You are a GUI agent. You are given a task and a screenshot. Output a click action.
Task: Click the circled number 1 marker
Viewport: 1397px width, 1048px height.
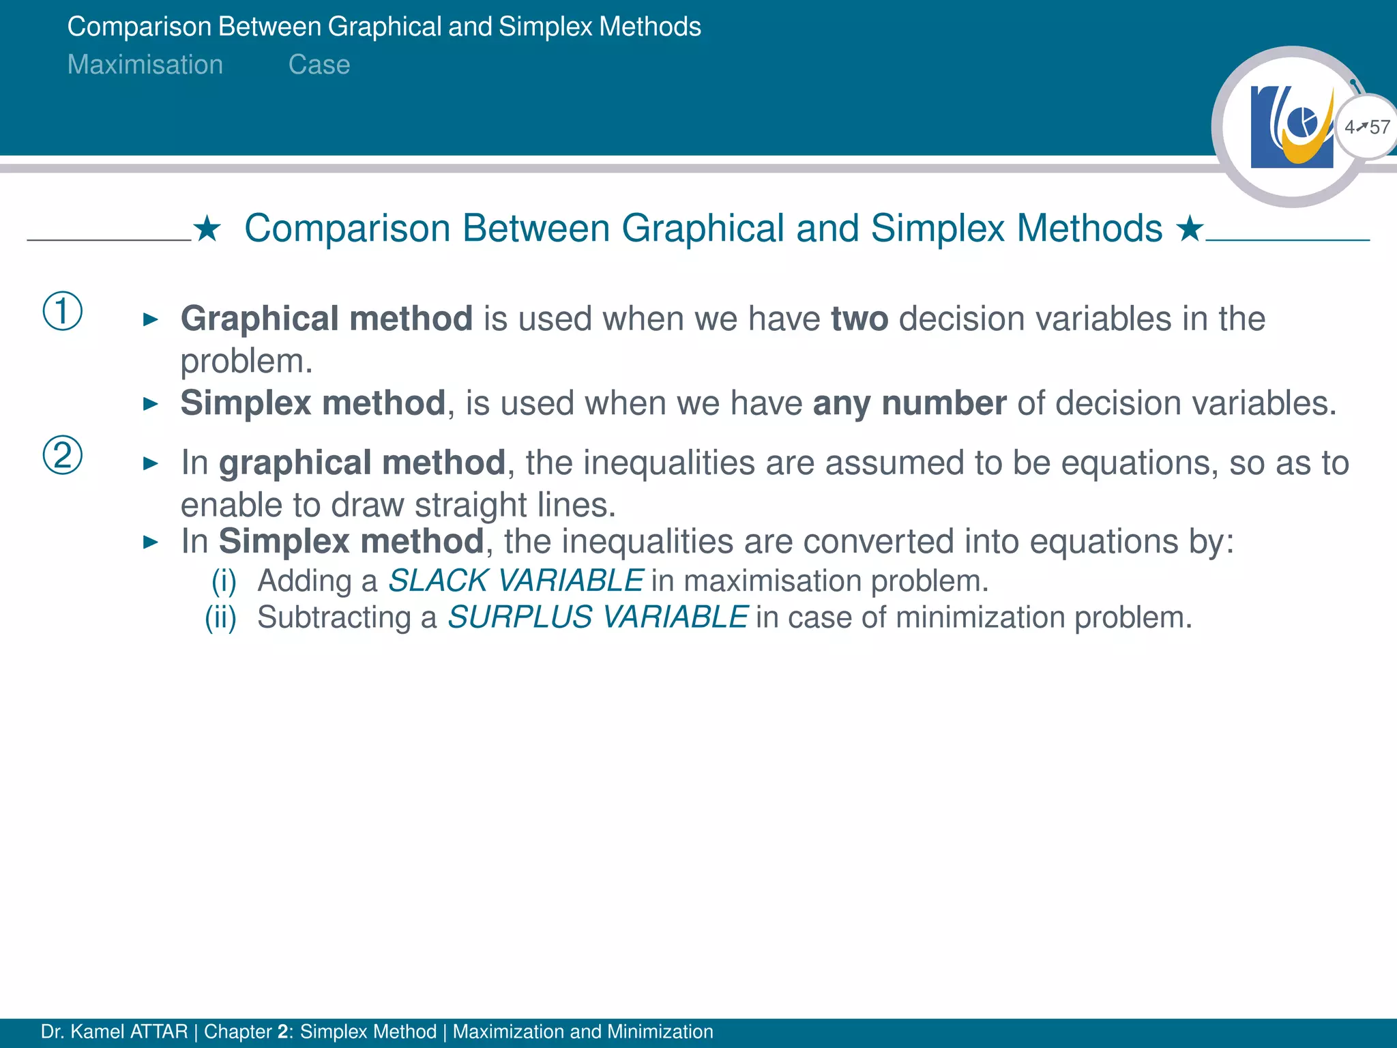(63, 311)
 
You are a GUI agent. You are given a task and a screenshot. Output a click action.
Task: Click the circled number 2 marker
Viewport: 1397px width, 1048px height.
(63, 455)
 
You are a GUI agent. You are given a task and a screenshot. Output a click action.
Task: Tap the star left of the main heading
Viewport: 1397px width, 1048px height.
(207, 229)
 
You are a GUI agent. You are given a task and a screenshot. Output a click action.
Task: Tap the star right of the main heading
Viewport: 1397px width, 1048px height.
(1190, 229)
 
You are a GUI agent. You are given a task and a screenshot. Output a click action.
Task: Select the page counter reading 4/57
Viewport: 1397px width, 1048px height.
(1367, 127)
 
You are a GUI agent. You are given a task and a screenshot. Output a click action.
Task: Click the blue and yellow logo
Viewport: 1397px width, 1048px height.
(1291, 127)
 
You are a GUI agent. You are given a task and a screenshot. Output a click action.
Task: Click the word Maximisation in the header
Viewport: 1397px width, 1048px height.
(145, 65)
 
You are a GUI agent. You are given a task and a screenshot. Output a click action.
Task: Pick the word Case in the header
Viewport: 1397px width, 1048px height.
(319, 65)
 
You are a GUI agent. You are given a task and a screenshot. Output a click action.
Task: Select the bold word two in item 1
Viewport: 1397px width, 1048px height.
(859, 319)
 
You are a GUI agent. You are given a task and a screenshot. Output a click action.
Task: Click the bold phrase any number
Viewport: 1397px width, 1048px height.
(909, 403)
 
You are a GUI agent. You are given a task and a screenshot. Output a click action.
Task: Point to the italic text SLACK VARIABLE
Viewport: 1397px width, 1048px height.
(516, 581)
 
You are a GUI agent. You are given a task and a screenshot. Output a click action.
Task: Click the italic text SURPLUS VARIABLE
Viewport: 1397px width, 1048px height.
(598, 617)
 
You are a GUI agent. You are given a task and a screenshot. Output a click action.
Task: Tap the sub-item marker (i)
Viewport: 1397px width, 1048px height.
(224, 581)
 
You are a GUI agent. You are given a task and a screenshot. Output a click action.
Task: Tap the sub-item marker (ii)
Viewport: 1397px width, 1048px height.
(221, 617)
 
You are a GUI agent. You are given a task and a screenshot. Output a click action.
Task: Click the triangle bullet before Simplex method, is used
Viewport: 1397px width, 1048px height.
(151, 404)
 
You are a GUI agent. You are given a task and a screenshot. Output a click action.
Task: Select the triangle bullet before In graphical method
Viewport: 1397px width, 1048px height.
(151, 464)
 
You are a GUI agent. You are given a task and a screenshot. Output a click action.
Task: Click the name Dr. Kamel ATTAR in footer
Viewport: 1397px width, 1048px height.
(114, 1032)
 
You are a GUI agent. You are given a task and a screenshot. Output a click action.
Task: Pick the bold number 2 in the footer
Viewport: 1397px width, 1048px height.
(283, 1032)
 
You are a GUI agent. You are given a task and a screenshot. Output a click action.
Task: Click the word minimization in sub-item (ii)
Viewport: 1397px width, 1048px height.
(981, 617)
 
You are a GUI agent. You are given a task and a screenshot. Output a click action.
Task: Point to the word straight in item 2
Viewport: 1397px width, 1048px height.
(471, 506)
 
